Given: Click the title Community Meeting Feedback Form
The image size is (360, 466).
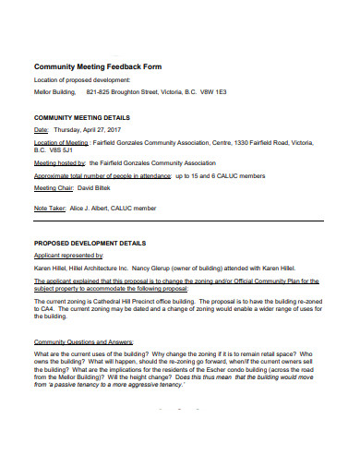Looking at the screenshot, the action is pyautogui.click(x=97, y=67).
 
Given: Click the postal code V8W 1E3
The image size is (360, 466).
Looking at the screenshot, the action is pyautogui.click(x=213, y=92).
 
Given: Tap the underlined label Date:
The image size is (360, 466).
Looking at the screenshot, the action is pyautogui.click(x=42, y=131).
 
